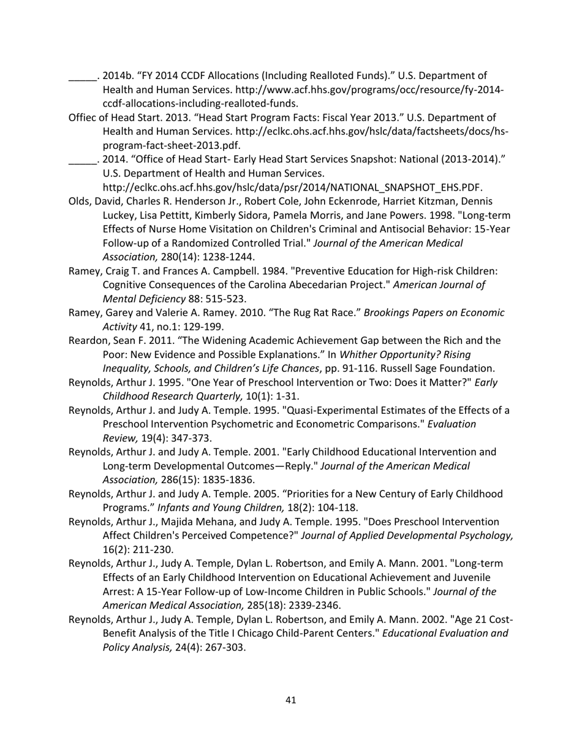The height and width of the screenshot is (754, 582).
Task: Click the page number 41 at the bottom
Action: (291, 700)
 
